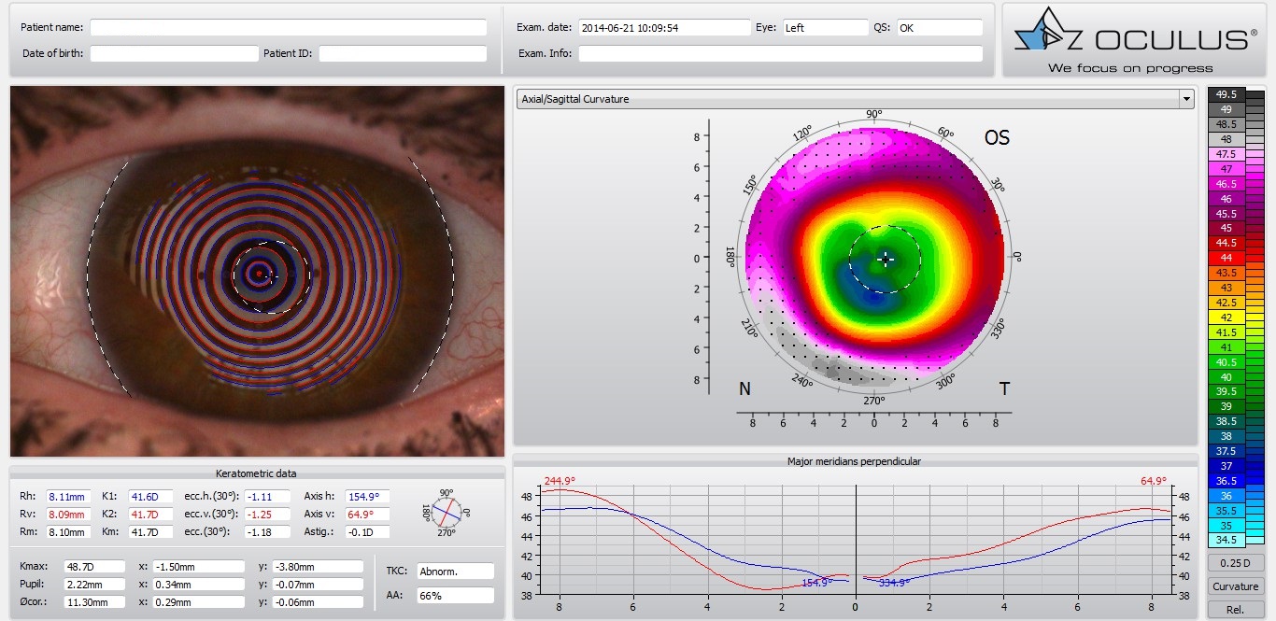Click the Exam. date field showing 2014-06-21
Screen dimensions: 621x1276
663,28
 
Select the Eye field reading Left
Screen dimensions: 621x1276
825,28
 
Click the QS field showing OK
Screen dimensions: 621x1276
939,28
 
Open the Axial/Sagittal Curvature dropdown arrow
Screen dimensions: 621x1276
1186,99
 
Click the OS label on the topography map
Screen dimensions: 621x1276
997,138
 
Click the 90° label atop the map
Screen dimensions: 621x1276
873,114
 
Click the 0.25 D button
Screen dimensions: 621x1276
1235,563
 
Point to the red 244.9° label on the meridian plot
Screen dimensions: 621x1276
560,481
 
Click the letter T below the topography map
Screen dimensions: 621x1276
1004,389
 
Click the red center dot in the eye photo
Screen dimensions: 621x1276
259,273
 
